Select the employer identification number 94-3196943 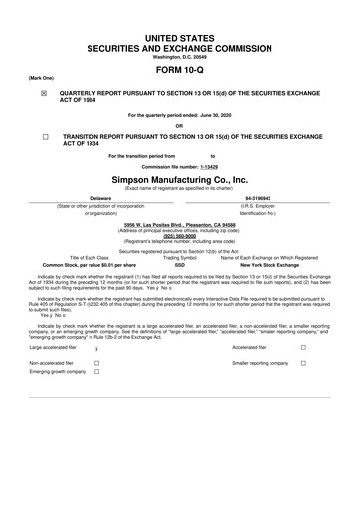click(x=262, y=196)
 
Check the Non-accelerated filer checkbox click(x=97, y=364)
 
